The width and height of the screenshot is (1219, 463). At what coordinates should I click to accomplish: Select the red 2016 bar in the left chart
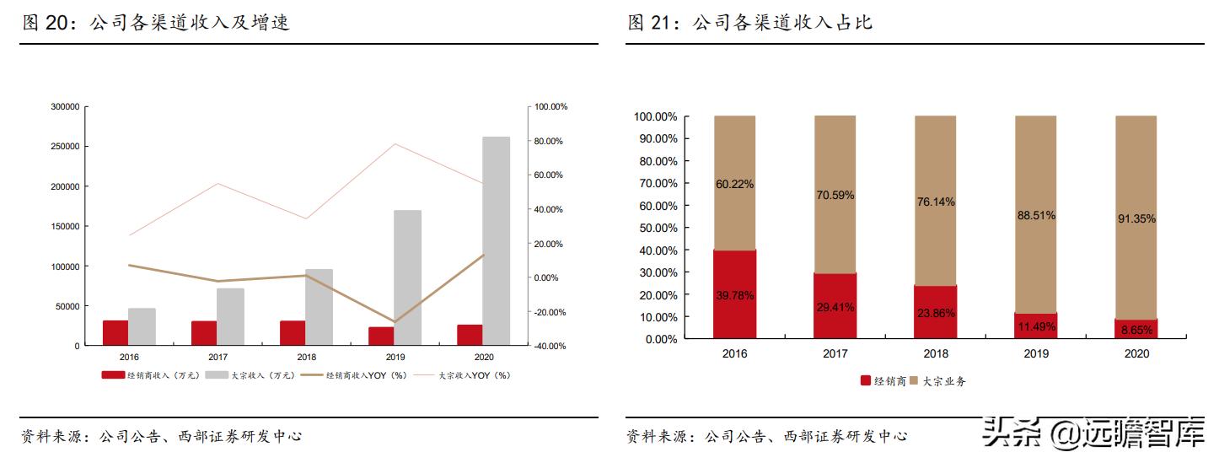[115, 333]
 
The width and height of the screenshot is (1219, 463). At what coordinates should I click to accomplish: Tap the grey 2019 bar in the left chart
[407, 277]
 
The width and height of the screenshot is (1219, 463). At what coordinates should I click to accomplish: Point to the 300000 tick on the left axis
[65, 107]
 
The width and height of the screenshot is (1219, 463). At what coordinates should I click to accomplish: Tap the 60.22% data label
[734, 184]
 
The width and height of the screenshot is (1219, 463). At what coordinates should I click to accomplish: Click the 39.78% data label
[734, 295]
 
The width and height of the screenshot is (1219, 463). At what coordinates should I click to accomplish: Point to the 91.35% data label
[1136, 218]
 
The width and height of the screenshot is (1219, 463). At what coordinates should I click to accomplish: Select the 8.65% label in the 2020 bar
[1136, 330]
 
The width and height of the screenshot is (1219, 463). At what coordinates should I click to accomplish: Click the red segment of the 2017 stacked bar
[835, 306]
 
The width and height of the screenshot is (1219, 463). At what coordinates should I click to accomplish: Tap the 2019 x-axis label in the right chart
[1035, 353]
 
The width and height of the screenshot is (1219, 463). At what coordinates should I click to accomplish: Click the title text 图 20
[45, 23]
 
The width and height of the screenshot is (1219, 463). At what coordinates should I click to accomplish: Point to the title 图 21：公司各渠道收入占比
[749, 23]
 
